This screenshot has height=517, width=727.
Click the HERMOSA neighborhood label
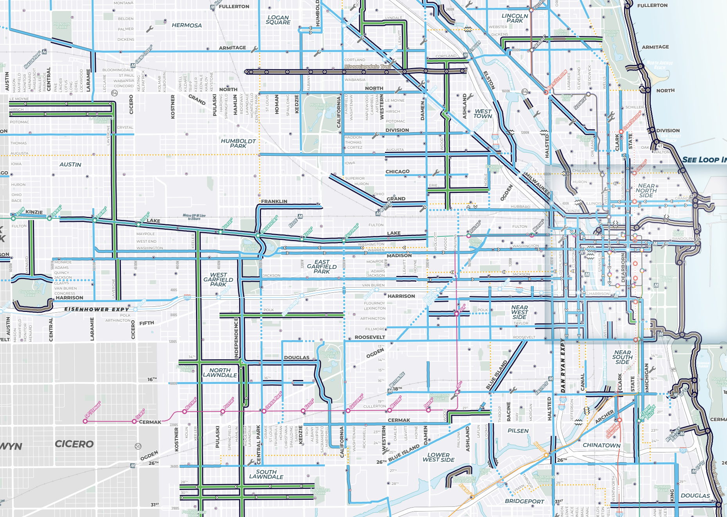[x=187, y=25]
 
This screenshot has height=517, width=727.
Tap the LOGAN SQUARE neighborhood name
[x=278, y=20]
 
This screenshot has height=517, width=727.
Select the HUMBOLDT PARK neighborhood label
[x=238, y=143]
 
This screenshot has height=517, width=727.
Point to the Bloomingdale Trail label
[x=367, y=67]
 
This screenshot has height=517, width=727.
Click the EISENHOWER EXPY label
[x=96, y=309]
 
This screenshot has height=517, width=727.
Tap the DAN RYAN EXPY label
[x=563, y=366]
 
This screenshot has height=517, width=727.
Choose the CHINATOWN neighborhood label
[x=601, y=445]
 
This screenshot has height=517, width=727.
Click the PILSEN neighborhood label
[x=518, y=431]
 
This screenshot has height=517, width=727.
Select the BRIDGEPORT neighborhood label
[x=524, y=501]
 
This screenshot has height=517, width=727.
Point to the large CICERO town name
[x=74, y=444]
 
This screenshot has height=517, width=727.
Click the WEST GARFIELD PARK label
[x=218, y=279]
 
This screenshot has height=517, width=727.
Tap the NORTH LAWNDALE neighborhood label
[x=220, y=373]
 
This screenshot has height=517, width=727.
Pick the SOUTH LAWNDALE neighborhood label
[x=266, y=474]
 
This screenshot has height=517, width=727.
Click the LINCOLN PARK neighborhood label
[x=515, y=18]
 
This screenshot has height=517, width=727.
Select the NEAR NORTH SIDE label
[x=646, y=191]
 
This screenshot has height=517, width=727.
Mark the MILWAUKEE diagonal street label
[x=537, y=184]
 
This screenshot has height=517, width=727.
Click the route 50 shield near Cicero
[x=138, y=446]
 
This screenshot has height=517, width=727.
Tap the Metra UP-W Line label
[x=194, y=217]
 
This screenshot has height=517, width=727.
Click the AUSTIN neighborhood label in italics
[x=70, y=165]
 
